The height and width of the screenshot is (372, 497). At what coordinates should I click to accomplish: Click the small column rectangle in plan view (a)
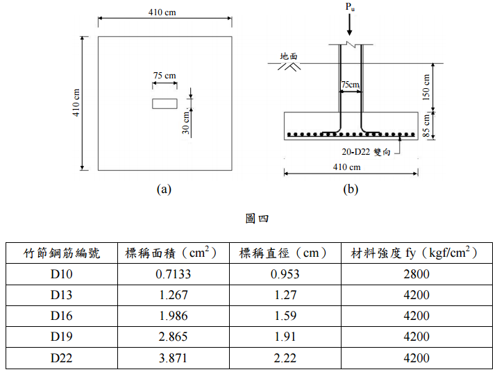pyautogui.click(x=165, y=103)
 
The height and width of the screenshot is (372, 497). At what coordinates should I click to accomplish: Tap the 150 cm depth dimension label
pyautogui.click(x=426, y=85)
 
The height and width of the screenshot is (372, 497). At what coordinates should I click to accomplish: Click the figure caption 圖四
pyautogui.click(x=248, y=219)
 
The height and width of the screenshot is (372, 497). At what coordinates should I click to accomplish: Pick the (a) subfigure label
pyautogui.click(x=164, y=188)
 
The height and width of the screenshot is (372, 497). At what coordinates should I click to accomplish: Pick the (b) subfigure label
pyautogui.click(x=351, y=188)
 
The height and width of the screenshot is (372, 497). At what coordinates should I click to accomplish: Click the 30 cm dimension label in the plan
pyautogui.click(x=185, y=125)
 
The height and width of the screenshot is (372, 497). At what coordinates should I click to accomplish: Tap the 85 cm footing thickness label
pyautogui.click(x=426, y=125)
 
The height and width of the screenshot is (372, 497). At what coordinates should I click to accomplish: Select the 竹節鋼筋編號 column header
pyautogui.click(x=62, y=253)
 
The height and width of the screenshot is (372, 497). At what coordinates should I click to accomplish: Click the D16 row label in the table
pyautogui.click(x=62, y=316)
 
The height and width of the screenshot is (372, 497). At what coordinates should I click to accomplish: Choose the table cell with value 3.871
pyautogui.click(x=173, y=359)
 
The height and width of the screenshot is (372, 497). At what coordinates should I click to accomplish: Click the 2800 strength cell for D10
pyautogui.click(x=416, y=274)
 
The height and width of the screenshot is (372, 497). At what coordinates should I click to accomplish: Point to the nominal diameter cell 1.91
pyautogui.click(x=285, y=337)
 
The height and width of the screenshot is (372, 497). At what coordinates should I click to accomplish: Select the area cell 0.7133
pyautogui.click(x=173, y=274)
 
